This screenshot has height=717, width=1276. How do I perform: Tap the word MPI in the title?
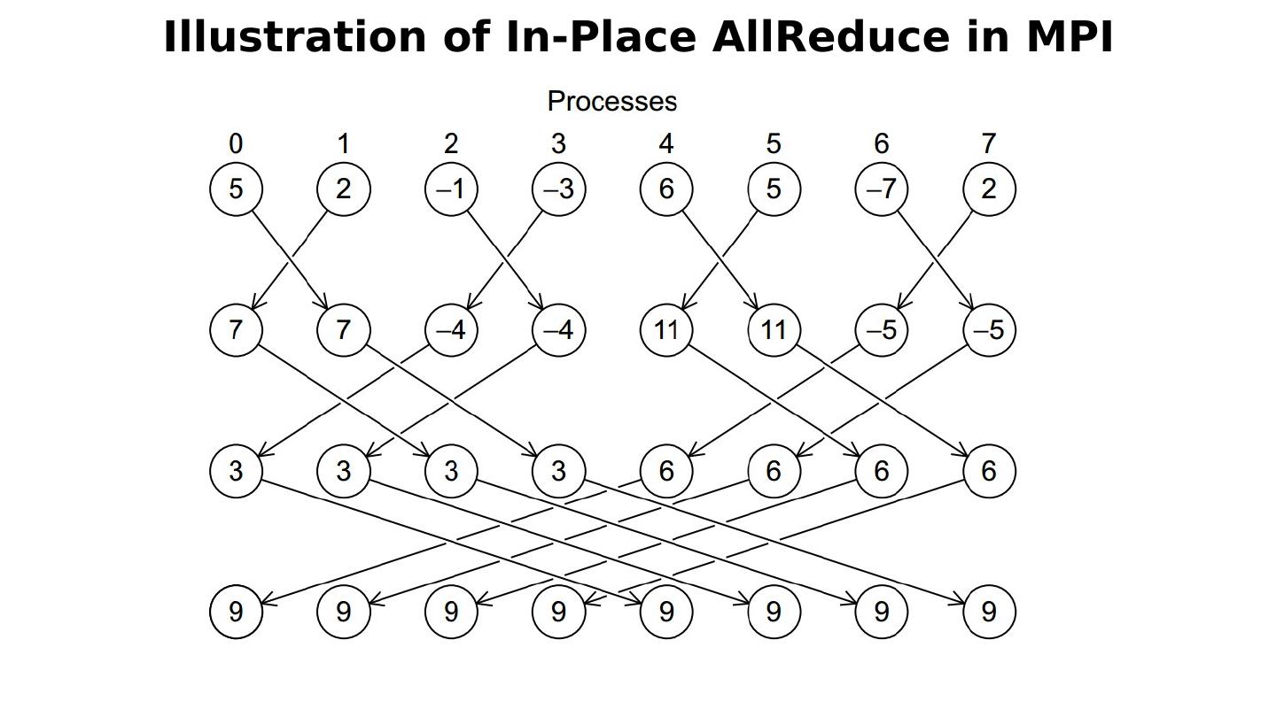[x=1070, y=38]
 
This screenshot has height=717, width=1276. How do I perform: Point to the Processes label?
[x=612, y=102]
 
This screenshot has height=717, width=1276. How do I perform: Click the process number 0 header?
[x=235, y=143]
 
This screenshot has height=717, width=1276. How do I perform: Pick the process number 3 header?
[x=558, y=143]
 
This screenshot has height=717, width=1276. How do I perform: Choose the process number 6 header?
[x=881, y=143]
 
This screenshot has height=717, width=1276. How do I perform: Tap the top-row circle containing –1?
[x=451, y=189]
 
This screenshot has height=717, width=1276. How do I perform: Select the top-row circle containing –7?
[x=881, y=189]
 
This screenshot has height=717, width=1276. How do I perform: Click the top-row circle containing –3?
[x=558, y=189]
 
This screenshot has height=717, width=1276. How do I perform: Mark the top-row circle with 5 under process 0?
[x=236, y=189]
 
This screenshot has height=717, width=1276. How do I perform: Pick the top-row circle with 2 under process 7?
[x=989, y=189]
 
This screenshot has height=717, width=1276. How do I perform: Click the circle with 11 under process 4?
[x=666, y=330]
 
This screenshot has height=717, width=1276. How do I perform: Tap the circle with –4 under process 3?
[x=558, y=330]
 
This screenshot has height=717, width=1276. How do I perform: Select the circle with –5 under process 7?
[x=989, y=330]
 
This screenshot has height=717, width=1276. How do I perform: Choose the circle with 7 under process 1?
[x=343, y=330]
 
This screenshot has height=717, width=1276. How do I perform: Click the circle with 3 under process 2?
[x=451, y=471]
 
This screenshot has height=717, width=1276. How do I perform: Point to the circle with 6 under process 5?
[x=774, y=471]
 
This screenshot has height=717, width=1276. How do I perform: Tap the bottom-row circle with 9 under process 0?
[x=236, y=612]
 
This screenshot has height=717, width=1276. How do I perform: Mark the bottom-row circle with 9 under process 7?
[x=989, y=612]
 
